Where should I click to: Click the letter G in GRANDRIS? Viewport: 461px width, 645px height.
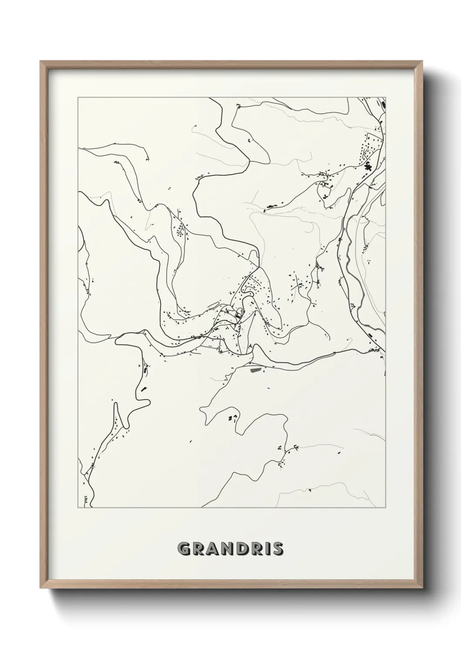184,549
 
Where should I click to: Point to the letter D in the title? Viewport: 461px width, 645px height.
243,549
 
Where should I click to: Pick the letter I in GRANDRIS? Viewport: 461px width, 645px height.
267,549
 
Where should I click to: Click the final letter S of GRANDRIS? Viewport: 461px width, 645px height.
278,549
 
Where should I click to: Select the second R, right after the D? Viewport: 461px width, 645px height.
257,549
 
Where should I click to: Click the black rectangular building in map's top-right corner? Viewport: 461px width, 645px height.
383,105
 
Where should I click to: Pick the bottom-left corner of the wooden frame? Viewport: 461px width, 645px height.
41,588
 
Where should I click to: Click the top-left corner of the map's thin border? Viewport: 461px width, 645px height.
78,98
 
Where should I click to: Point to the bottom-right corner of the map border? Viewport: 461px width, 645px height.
386,508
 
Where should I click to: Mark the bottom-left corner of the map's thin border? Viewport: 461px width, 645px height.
78,508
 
